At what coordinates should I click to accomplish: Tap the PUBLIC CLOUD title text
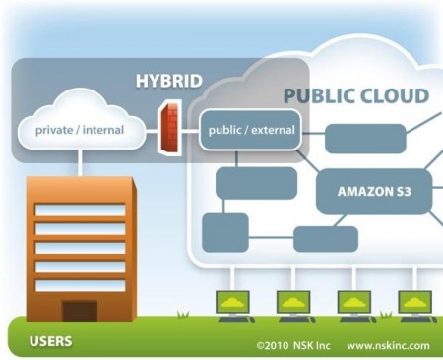click(x=355, y=95)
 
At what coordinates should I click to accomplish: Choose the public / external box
click(x=249, y=129)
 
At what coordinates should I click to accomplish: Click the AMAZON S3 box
click(x=374, y=190)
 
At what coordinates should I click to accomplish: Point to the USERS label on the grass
click(x=50, y=343)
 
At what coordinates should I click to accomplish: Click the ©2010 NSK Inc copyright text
click(x=294, y=345)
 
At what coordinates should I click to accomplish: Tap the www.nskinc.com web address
click(x=388, y=345)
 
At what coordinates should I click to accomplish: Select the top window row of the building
click(x=80, y=210)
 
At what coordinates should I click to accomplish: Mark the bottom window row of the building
click(x=80, y=285)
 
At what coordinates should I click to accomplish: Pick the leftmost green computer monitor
click(x=234, y=300)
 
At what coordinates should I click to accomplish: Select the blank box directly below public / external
click(x=256, y=182)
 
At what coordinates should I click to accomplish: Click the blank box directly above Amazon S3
click(x=365, y=139)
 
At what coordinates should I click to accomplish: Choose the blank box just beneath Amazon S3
click(x=326, y=239)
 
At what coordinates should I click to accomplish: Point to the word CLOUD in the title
click(x=393, y=95)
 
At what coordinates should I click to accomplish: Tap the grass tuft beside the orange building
click(x=181, y=314)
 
